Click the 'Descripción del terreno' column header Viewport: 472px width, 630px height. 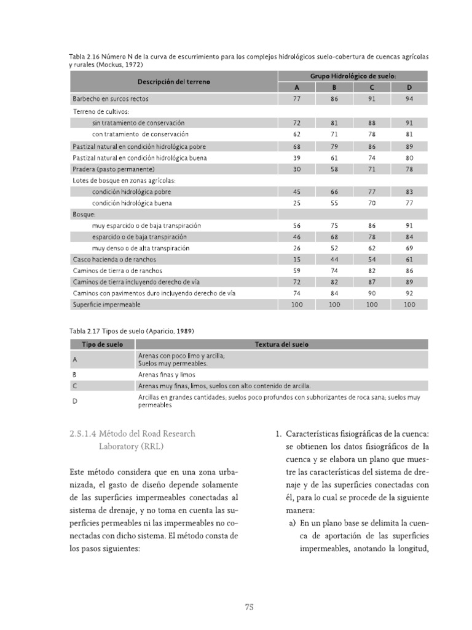pos(173,82)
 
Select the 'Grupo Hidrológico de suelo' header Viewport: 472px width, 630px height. pos(352,76)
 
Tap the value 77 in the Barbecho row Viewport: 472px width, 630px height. pos(297,98)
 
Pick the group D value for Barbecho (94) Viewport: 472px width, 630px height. pos(409,98)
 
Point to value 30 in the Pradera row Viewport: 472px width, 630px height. pos(297,169)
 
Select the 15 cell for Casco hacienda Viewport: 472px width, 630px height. pos(297,260)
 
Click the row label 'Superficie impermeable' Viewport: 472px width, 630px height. pos(107,305)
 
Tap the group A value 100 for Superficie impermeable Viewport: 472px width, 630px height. pos(297,305)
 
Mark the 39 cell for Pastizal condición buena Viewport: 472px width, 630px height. pos(297,158)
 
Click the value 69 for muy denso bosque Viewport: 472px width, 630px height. pos(409,248)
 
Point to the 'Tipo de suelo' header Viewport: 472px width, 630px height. pos(101,345)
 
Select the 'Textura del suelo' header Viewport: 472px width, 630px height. pos(281,345)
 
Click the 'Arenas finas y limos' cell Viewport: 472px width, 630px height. pos(167,374)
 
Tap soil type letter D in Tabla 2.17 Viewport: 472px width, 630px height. pos(74,402)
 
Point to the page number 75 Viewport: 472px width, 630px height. pos(249,607)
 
